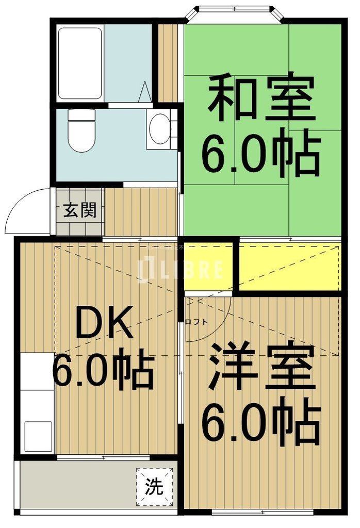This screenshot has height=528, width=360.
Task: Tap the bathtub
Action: (x=79, y=63)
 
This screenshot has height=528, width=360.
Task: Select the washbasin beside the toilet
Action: (x=160, y=128)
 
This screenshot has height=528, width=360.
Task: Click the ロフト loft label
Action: (x=197, y=322)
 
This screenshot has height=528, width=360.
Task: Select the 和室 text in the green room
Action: (x=261, y=98)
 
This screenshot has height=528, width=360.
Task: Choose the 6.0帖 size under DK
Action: (x=103, y=370)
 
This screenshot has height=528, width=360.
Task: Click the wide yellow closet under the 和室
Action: (x=289, y=265)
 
